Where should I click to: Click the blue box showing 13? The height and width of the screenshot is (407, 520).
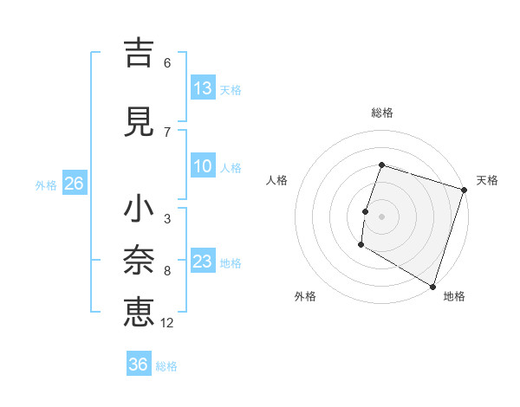[x=203, y=88]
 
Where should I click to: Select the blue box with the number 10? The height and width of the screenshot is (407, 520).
[x=203, y=166]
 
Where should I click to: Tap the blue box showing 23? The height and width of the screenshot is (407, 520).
[x=203, y=262]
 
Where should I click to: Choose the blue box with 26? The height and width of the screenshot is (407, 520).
[x=74, y=184]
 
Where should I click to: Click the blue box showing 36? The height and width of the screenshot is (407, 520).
[x=139, y=365]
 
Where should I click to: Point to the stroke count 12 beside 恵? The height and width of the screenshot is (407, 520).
[x=167, y=323]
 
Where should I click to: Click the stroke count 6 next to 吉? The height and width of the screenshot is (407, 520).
[x=167, y=62]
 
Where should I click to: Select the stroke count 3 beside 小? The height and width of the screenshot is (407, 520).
[x=167, y=219]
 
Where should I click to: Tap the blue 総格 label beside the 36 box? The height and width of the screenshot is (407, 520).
[x=166, y=366]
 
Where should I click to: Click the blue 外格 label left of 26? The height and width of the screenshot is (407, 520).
[x=46, y=184]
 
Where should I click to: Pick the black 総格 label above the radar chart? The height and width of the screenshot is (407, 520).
[x=381, y=113]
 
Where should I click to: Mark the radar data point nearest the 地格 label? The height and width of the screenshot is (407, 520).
[x=432, y=286]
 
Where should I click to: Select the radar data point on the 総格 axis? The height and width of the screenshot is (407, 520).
[x=381, y=165]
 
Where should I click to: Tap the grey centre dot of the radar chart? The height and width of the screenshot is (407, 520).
[x=381, y=216]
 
